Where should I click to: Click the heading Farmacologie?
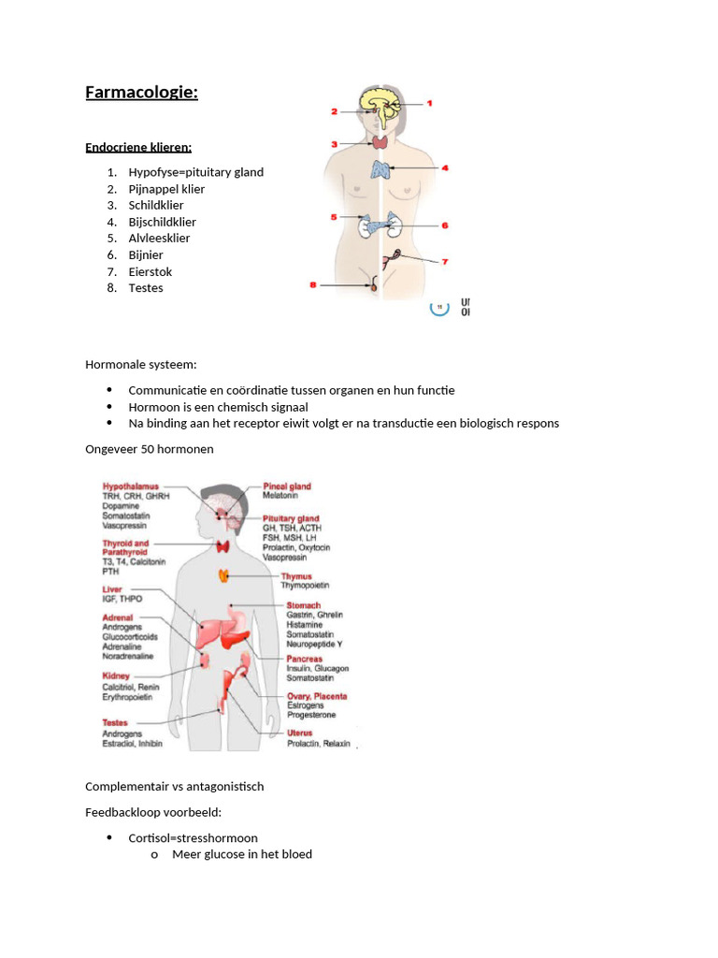141,92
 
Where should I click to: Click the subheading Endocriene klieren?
138,147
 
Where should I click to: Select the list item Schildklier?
156,205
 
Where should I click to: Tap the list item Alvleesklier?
159,238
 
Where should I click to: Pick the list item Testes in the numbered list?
146,287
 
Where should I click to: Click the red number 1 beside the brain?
429,103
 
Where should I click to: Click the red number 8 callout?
313,285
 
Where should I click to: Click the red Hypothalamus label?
131,486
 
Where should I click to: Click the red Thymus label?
296,576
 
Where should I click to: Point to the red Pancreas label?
304,659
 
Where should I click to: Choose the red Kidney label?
116,675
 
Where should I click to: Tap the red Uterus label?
300,733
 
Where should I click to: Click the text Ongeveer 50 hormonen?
150,448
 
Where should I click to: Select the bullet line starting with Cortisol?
193,837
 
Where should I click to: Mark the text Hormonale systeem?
141,364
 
